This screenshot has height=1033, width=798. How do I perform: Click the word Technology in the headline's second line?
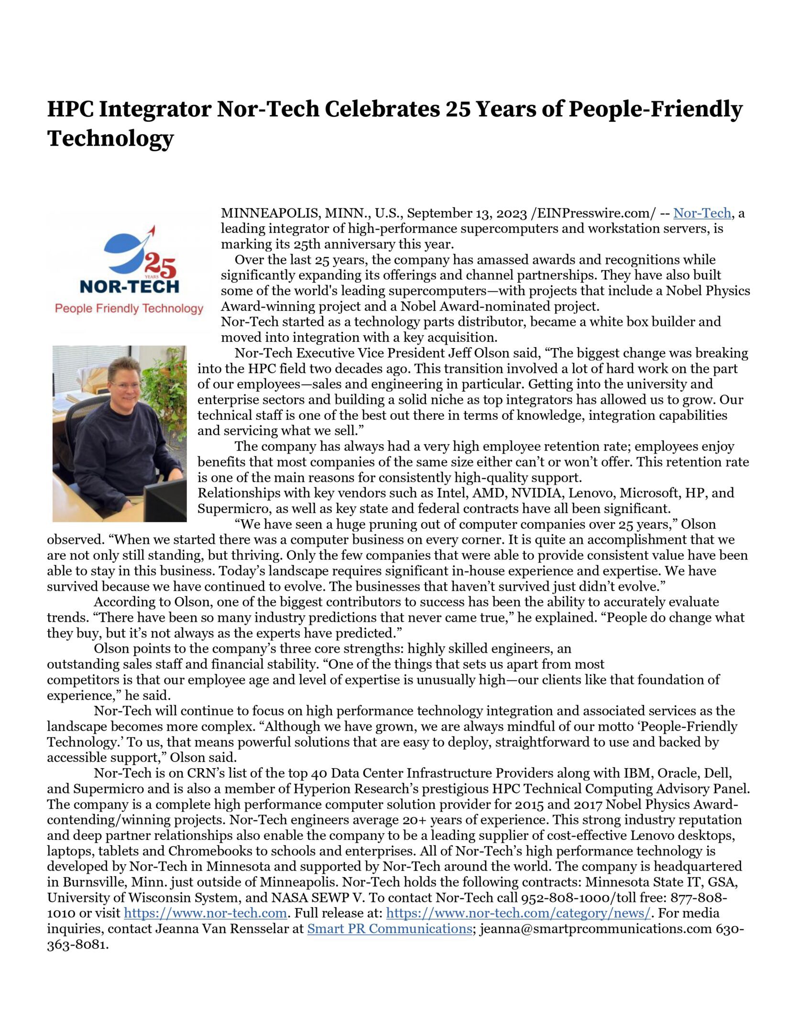[x=110, y=138]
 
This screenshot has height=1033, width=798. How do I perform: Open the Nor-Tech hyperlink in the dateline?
[x=702, y=213]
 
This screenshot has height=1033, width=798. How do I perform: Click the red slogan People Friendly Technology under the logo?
[x=129, y=308]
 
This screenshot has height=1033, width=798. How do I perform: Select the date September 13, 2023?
[x=467, y=213]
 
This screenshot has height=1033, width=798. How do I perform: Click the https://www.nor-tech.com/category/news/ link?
[x=518, y=913]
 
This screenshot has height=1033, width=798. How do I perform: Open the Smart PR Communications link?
[x=390, y=928]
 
